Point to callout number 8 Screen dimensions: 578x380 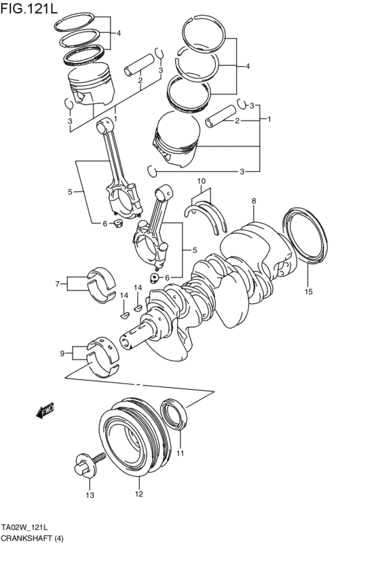pyautogui.click(x=253, y=201)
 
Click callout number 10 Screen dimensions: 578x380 pyautogui.click(x=201, y=181)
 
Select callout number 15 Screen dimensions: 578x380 pyautogui.click(x=308, y=292)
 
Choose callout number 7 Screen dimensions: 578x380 pyautogui.click(x=58, y=284)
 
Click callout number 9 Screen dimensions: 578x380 pyautogui.click(x=62, y=353)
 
